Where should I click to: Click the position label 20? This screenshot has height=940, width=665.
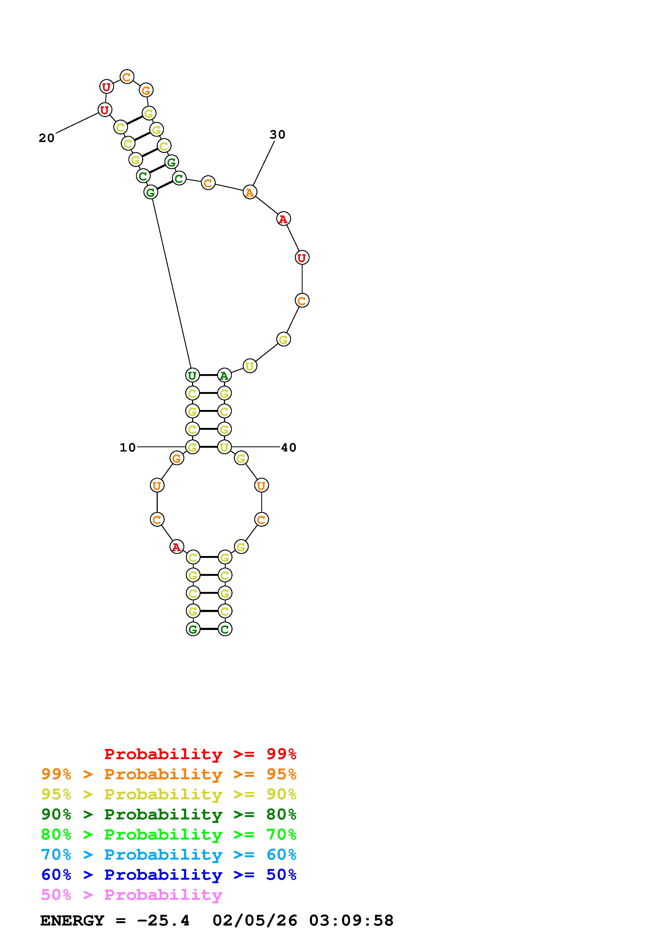click(47, 138)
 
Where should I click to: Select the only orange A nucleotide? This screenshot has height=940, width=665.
click(249, 192)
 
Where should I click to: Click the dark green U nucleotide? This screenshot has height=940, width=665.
click(192, 375)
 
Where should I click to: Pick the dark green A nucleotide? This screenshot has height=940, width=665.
click(224, 375)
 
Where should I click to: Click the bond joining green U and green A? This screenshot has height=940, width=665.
click(208, 375)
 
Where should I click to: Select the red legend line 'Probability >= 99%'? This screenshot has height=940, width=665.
click(200, 754)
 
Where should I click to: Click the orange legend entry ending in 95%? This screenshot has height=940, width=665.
click(169, 774)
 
